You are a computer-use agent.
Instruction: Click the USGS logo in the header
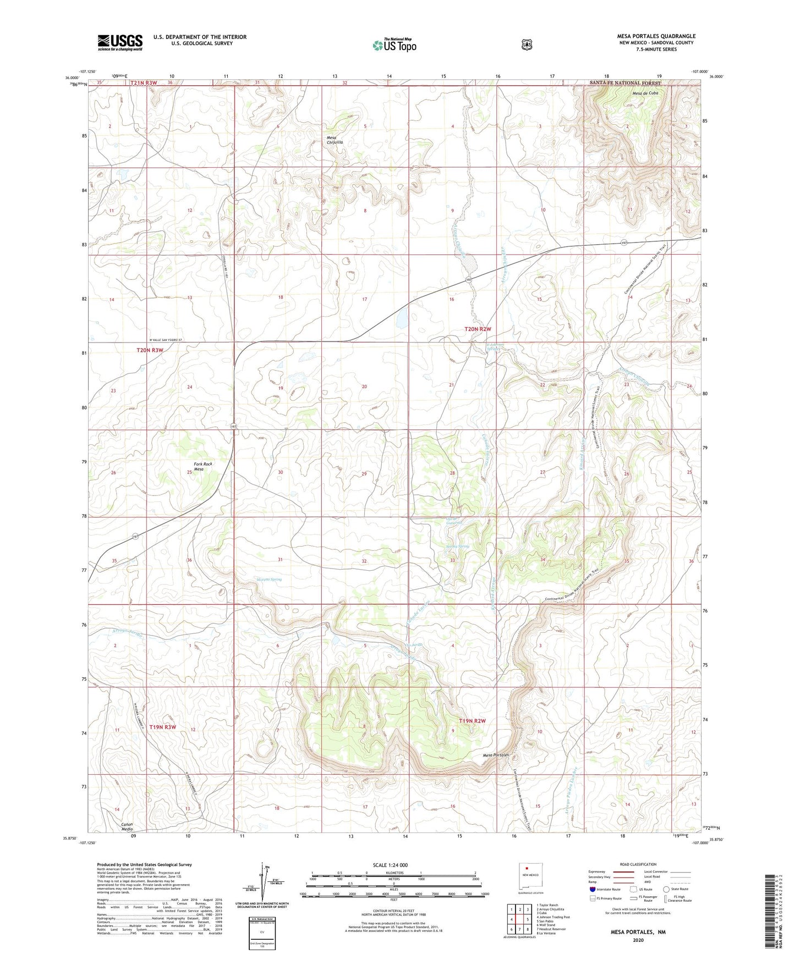click(x=120, y=42)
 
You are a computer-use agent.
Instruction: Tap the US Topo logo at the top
click(x=394, y=45)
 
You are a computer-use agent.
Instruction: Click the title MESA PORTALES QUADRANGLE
click(x=656, y=36)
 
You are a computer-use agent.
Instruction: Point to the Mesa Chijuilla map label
click(x=335, y=140)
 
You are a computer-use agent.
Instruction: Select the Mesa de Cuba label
click(x=645, y=93)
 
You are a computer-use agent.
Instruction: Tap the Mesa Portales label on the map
click(x=496, y=755)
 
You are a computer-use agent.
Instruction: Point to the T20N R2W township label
click(x=478, y=329)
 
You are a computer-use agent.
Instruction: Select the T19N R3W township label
click(x=162, y=727)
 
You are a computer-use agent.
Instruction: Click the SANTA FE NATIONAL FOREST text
click(x=622, y=82)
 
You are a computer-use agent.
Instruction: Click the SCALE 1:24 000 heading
click(x=390, y=865)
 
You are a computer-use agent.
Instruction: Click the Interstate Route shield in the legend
click(x=592, y=889)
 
